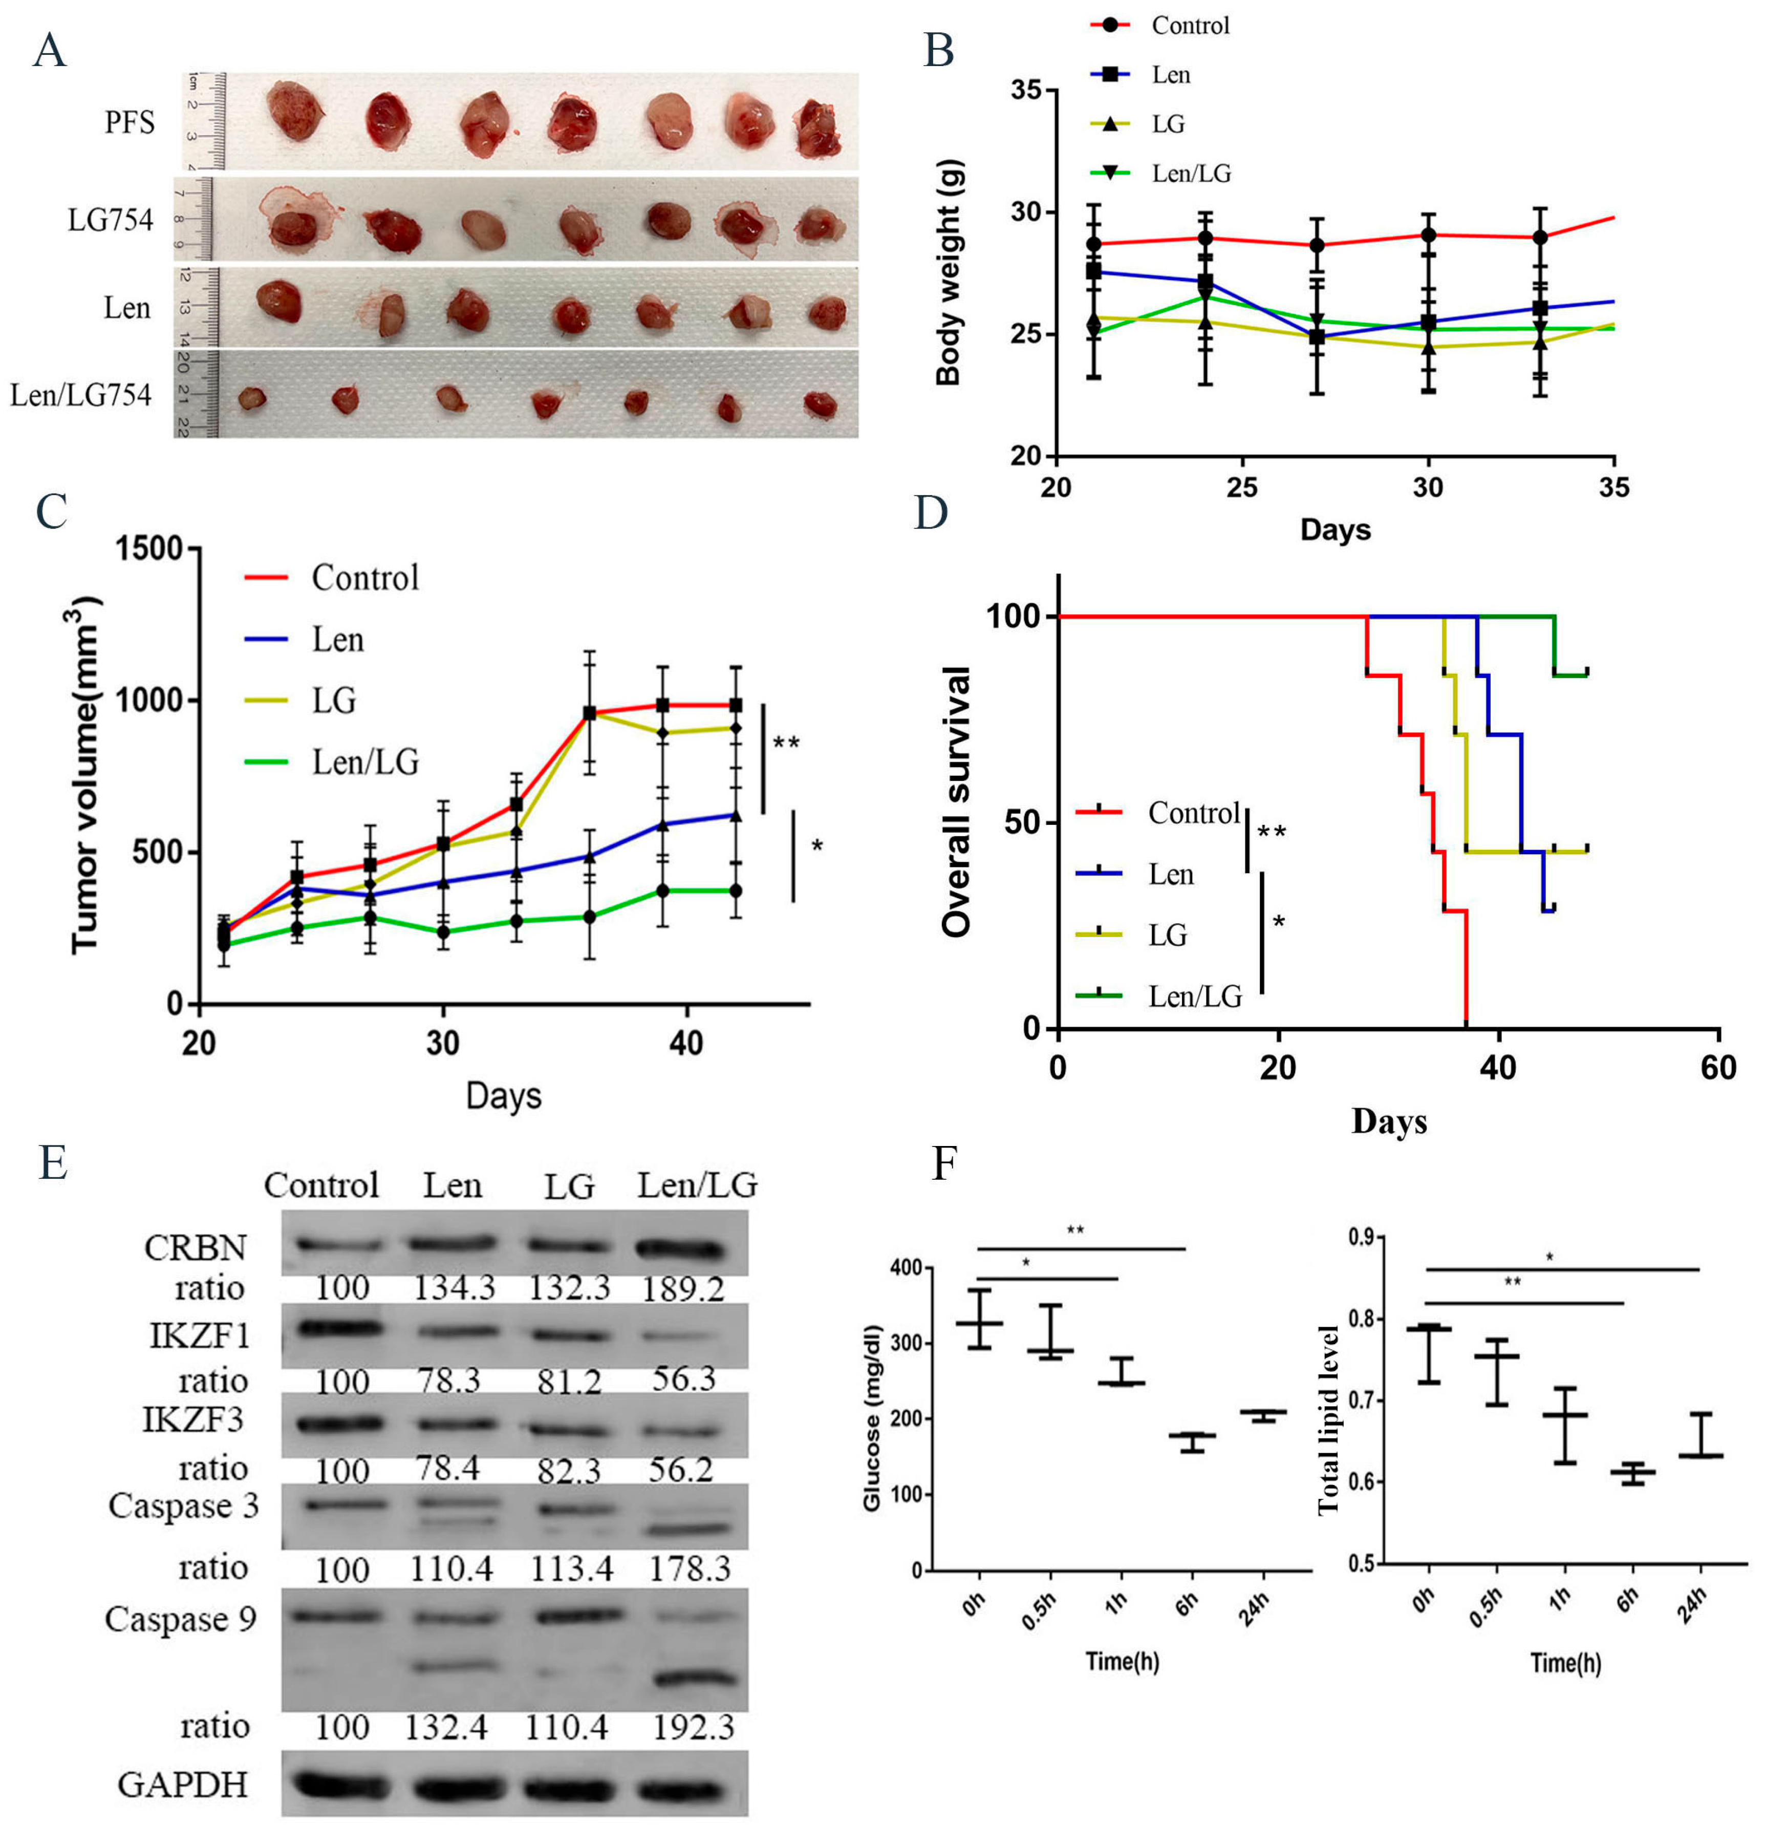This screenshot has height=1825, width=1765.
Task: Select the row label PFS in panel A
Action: pyautogui.click(x=130, y=122)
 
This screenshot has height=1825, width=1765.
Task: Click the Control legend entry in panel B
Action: pyautogui.click(x=1190, y=25)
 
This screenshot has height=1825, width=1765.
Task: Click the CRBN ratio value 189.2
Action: pyautogui.click(x=683, y=1289)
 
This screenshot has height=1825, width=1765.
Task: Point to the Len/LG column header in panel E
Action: pyautogui.click(x=697, y=1185)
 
